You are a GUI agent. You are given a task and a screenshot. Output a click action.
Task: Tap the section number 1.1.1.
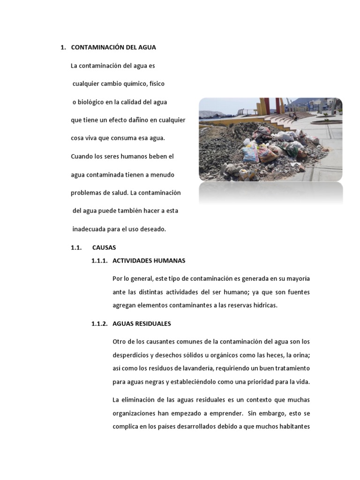pyautogui.click(x=100, y=261)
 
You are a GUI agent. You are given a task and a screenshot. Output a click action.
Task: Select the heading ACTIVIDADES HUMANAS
pyautogui.click(x=149, y=261)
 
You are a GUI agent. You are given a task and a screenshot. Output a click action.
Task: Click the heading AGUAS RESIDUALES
pyautogui.click(x=142, y=323)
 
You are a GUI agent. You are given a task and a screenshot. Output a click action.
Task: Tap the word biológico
pyautogui.click(x=91, y=102)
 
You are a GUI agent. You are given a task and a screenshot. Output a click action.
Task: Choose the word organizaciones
pyautogui.click(x=135, y=414)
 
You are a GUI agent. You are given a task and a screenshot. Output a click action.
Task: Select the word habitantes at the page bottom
pyautogui.click(x=293, y=427)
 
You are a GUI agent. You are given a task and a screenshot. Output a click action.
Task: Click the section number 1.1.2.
pyautogui.click(x=100, y=323)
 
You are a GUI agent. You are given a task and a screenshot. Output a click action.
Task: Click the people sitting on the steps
pyautogui.click(x=293, y=115)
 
